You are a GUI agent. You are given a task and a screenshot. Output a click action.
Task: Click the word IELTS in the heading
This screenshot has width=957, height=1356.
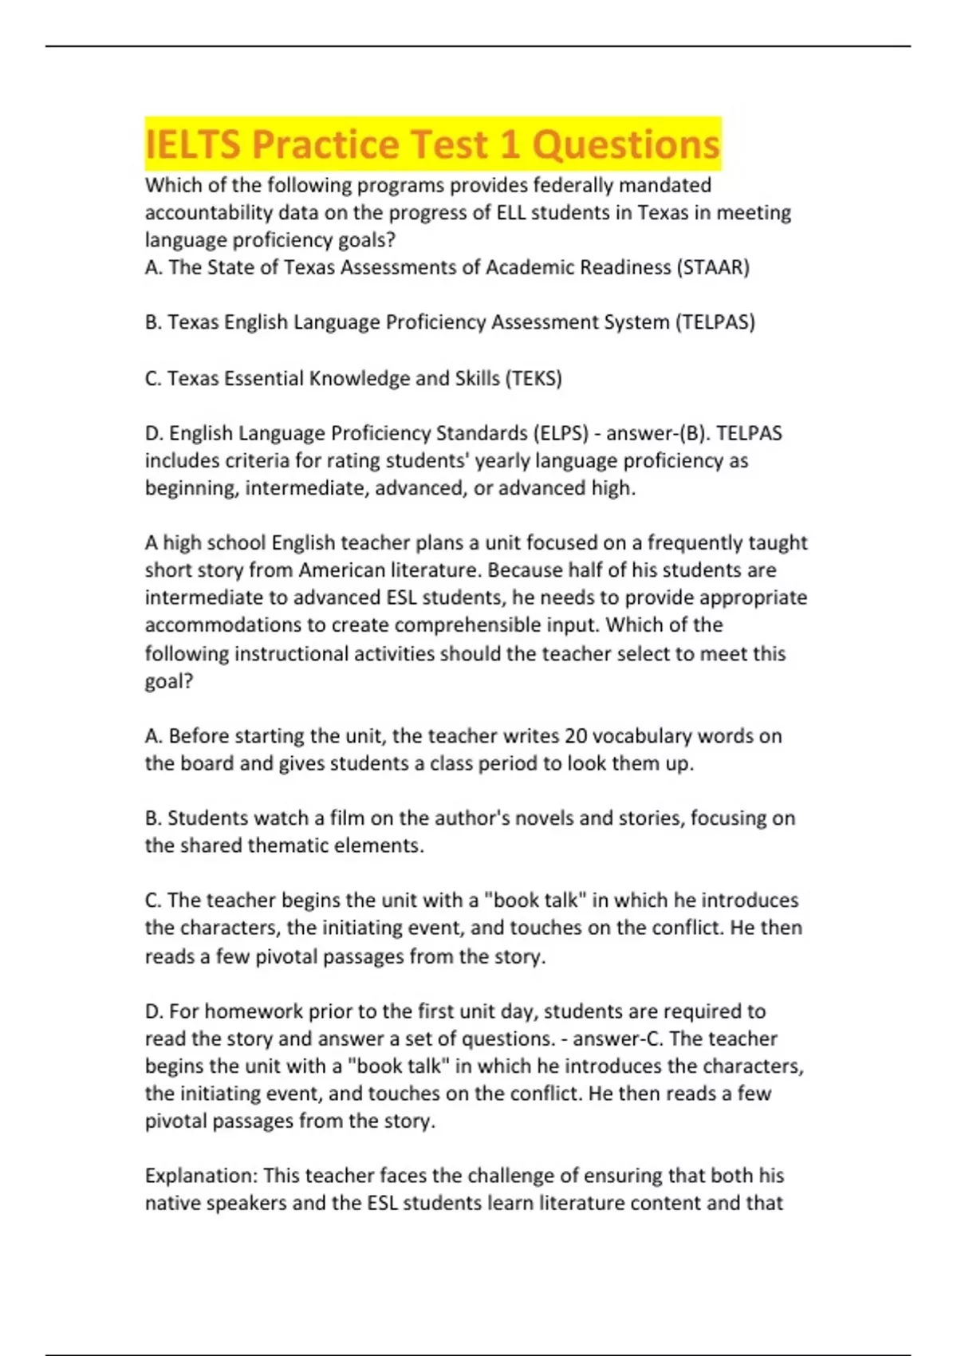(x=193, y=145)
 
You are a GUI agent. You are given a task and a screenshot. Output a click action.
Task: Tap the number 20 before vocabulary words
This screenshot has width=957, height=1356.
(x=576, y=735)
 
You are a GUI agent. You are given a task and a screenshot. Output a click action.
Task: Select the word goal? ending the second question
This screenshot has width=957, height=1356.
(x=169, y=681)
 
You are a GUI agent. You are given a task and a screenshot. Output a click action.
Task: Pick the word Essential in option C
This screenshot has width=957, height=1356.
(x=262, y=378)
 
